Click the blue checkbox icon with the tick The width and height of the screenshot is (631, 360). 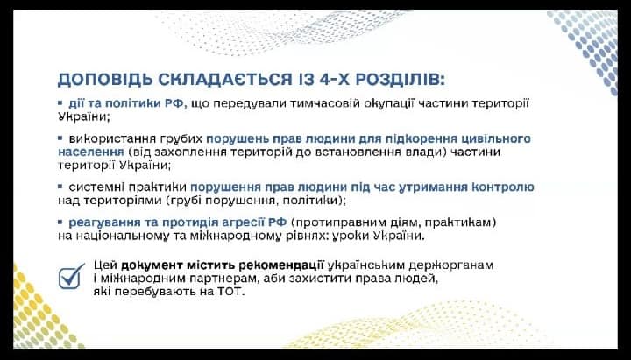(x=71, y=276)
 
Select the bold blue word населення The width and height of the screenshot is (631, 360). (x=91, y=152)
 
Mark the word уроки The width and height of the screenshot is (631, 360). (x=351, y=236)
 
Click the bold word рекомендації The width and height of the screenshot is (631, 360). (x=281, y=265)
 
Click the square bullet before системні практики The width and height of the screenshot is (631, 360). (x=60, y=187)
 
